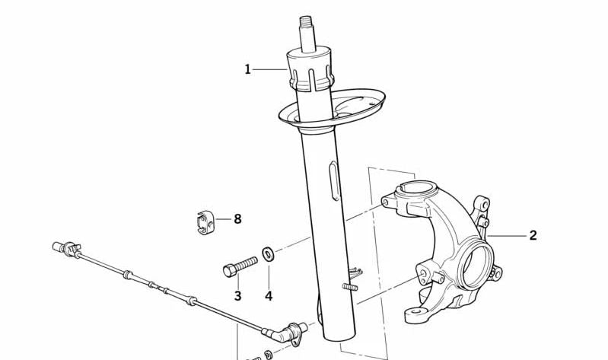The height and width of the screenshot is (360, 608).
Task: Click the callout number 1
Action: coord(247,69)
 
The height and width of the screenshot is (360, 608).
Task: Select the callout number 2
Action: coord(533,235)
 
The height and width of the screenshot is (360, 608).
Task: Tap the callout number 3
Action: coord(237,295)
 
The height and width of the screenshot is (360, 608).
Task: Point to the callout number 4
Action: coord(268,295)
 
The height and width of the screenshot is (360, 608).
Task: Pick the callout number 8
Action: coord(237,219)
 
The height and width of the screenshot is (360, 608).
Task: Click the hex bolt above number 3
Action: coord(240,266)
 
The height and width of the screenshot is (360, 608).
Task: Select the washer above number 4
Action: coord(268,253)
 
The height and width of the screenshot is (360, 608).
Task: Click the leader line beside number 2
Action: coord(508,236)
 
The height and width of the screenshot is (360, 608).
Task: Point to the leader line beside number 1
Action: coord(270,69)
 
